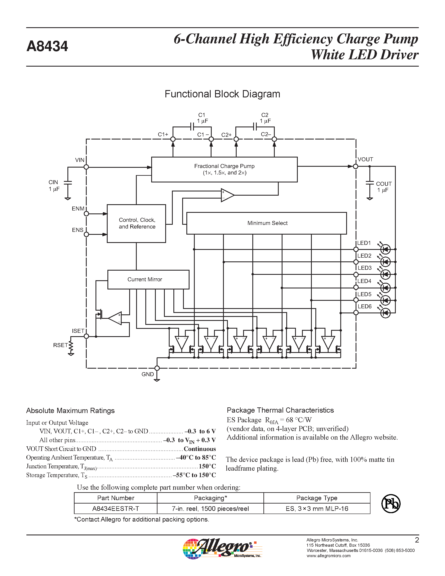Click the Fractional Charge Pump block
point(224,169)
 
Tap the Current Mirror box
point(148,279)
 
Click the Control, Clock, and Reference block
point(136,223)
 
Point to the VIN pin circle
point(86,167)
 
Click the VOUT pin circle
point(355,167)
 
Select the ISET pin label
point(78,331)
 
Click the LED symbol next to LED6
point(385,313)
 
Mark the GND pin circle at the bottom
point(157,368)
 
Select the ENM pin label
point(78,209)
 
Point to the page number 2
point(417,540)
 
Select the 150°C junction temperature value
point(207,466)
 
